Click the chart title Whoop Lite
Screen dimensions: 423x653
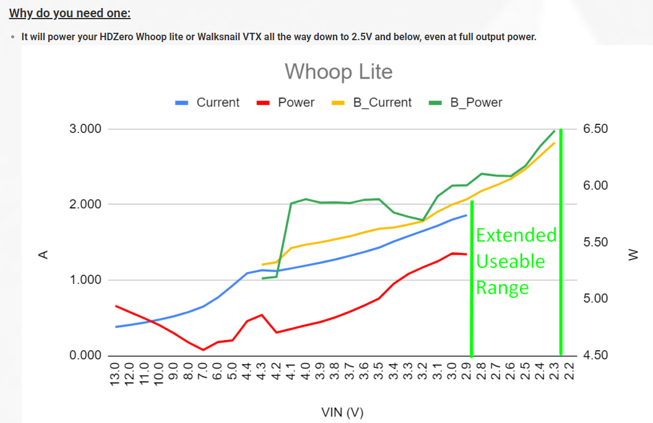[x=339, y=72]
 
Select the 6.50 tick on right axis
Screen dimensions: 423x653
[x=595, y=129]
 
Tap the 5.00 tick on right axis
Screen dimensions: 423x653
[x=595, y=299]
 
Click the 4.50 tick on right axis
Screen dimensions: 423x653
[x=595, y=356]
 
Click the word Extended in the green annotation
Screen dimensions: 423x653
[x=516, y=235]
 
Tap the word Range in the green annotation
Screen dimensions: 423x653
[x=502, y=288]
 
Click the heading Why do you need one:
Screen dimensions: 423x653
[x=70, y=14]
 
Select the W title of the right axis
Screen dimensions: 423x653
[x=633, y=255]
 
